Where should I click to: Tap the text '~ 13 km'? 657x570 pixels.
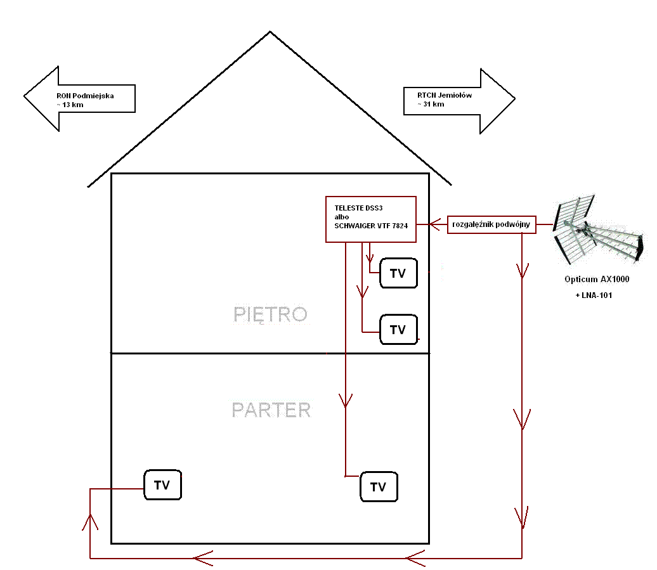pyautogui.click(x=70, y=105)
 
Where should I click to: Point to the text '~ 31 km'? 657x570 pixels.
pyautogui.click(x=431, y=104)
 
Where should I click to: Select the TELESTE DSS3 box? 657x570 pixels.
pyautogui.click(x=371, y=219)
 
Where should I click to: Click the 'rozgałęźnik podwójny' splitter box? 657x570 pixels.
pyautogui.click(x=491, y=224)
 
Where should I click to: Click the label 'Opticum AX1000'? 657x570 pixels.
pyautogui.click(x=597, y=280)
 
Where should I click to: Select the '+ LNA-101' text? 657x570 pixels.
pyautogui.click(x=594, y=295)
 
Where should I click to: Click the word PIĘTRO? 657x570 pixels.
pyautogui.click(x=270, y=314)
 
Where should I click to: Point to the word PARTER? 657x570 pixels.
pyautogui.click(x=271, y=410)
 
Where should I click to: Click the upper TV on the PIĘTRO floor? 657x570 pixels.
pyautogui.click(x=398, y=273)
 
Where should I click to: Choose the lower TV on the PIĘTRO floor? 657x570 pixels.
pyautogui.click(x=398, y=329)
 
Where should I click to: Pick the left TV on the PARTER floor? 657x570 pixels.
pyautogui.click(x=162, y=484)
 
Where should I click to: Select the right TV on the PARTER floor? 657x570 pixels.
pyautogui.click(x=379, y=487)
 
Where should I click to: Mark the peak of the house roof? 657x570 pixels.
pyautogui.click(x=270, y=32)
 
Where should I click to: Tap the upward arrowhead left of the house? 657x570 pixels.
pyautogui.click(x=90, y=522)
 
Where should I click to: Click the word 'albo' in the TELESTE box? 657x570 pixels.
pyautogui.click(x=341, y=217)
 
